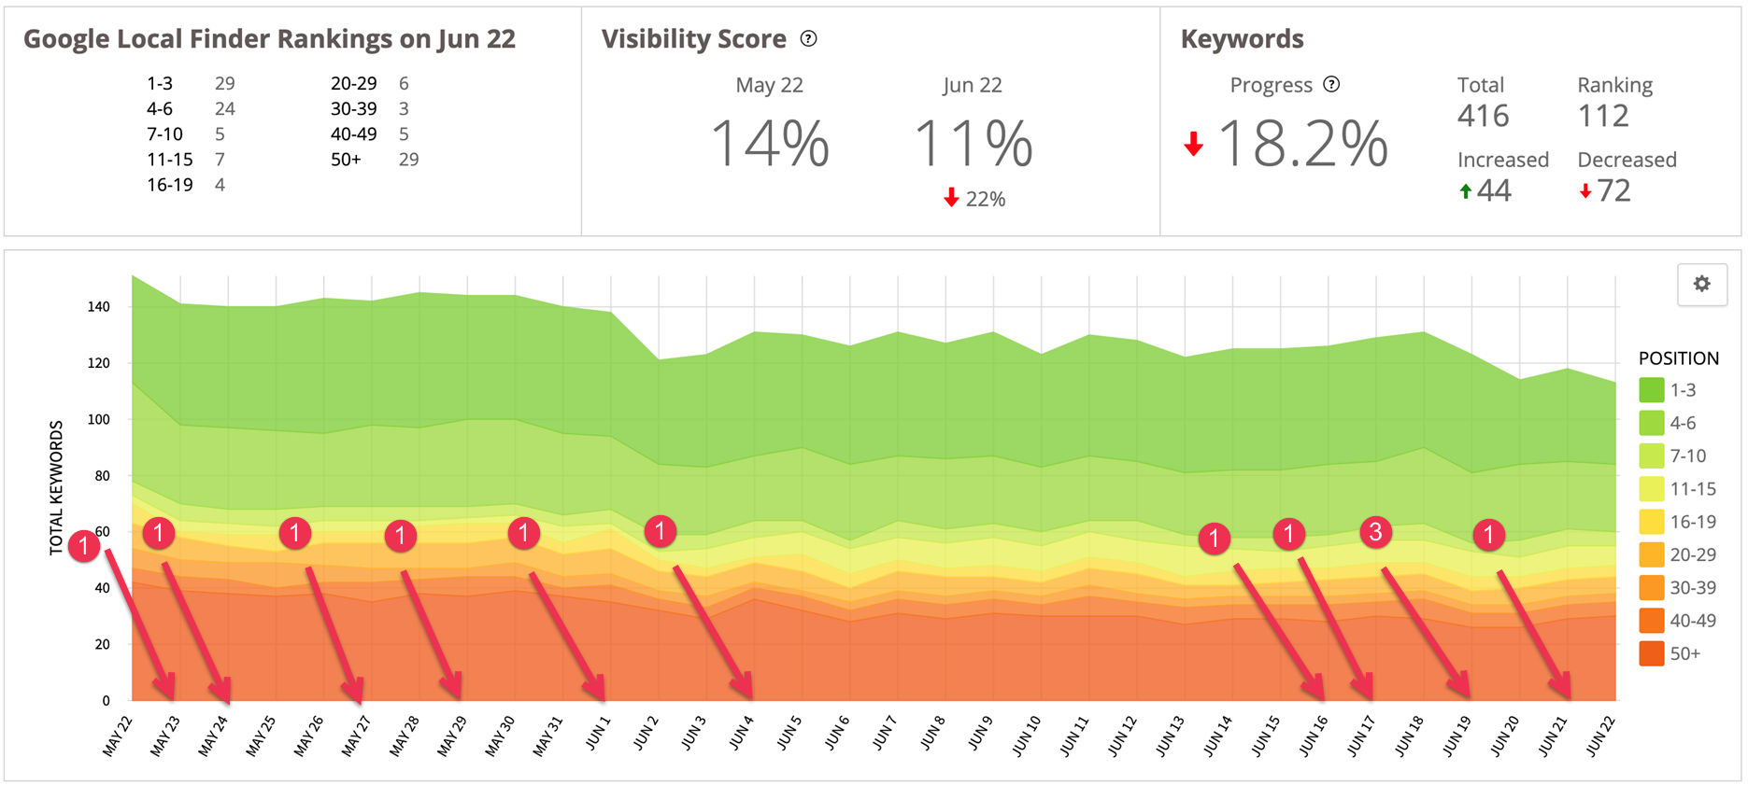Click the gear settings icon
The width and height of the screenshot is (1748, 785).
pos(1701,285)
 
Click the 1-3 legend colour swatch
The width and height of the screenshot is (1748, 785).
pos(1651,390)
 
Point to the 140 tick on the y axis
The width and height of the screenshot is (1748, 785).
pos(98,306)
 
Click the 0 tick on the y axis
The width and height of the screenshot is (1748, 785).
pos(106,700)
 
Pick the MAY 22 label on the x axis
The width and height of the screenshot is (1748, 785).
pos(119,736)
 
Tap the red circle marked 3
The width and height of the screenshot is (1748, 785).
pos(1375,532)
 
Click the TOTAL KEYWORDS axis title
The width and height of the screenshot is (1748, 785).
pos(57,487)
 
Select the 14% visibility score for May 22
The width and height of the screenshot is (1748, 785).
pos(770,144)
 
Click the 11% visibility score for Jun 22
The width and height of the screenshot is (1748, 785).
pos(973,144)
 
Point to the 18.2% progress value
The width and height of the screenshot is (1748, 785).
pos(1302,144)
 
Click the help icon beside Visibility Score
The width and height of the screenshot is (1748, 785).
pos(809,38)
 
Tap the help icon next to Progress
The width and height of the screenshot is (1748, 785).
pos(1331,84)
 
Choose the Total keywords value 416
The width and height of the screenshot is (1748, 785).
pos(1483,116)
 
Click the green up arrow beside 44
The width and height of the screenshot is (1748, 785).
pos(1465,191)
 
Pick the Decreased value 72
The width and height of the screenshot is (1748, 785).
pos(1613,190)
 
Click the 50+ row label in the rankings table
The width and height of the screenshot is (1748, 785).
pos(346,160)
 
